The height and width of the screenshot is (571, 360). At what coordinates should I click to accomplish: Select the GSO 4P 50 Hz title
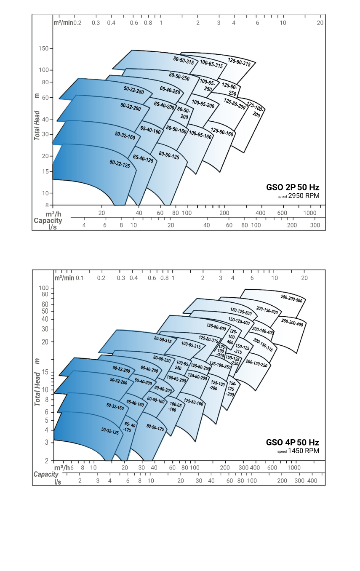click(292, 443)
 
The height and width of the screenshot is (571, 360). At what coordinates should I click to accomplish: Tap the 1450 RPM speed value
click(304, 451)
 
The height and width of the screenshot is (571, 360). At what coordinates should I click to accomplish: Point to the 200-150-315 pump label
click(263, 345)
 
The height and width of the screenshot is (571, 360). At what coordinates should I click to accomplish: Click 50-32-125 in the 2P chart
click(120, 163)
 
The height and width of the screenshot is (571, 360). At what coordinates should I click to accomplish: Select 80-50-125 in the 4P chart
click(155, 427)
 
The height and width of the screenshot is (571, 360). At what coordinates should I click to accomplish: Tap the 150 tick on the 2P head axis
click(43, 49)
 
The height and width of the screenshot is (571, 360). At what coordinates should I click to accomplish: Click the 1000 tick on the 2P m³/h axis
click(310, 213)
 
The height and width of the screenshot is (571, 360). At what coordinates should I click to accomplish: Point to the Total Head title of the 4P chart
click(37, 382)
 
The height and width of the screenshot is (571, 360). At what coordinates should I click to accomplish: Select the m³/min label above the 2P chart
click(63, 22)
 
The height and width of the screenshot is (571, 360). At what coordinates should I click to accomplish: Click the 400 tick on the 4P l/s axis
click(312, 481)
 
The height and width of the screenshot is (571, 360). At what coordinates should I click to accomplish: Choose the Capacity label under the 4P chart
click(46, 474)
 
